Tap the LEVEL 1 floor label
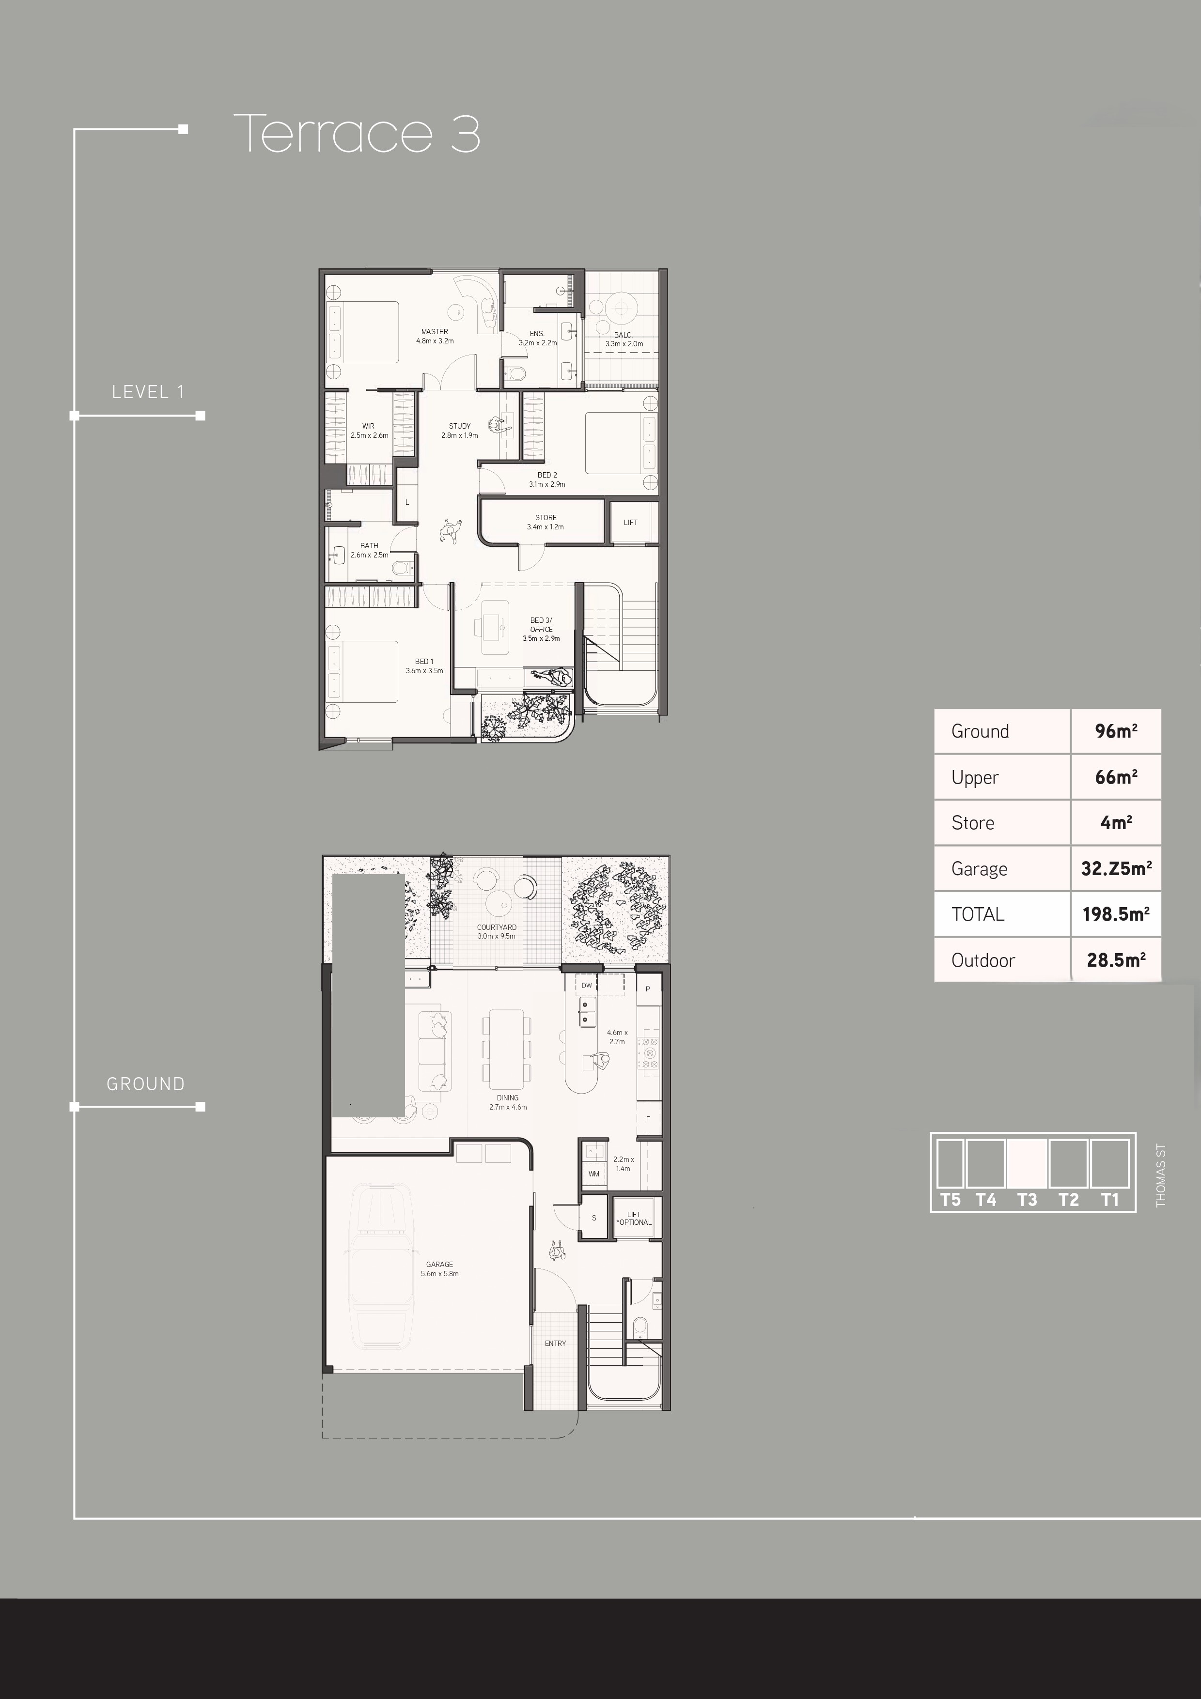[148, 392]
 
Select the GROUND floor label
[146, 1084]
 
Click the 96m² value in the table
[1116, 731]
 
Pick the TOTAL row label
[978, 914]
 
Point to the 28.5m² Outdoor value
[1116, 960]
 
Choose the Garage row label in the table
[979, 869]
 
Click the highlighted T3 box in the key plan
[1027, 1164]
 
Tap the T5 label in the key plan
[950, 1200]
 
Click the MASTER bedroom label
[435, 331]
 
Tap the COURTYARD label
[497, 927]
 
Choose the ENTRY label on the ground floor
[555, 1343]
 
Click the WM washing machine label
[593, 1174]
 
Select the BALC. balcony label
[623, 335]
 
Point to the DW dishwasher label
[587, 986]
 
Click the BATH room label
[369, 545]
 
